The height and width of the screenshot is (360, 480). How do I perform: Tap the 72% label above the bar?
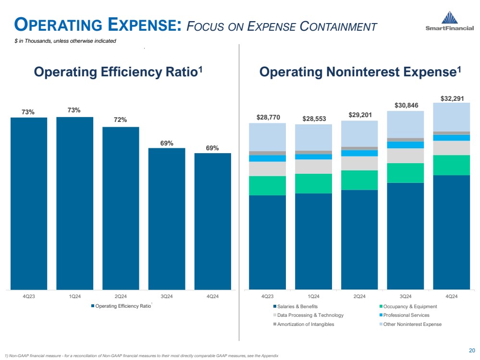tap(121, 120)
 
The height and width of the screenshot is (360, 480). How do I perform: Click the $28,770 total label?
tap(267, 117)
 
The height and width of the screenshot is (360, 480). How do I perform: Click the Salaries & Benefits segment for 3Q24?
tap(406, 236)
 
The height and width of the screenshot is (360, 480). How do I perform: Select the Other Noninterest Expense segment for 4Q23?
tap(267, 137)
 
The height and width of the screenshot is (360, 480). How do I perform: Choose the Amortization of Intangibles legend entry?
tap(303, 324)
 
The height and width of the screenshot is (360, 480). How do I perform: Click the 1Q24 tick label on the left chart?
tap(74, 296)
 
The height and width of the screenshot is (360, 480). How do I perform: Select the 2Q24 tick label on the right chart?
tap(359, 296)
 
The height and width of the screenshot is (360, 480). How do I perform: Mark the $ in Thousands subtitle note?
tap(65, 41)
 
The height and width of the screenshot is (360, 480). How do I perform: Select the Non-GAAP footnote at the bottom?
tap(141, 355)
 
